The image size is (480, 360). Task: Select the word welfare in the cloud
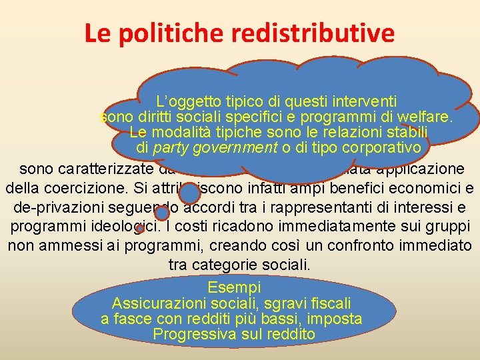click(x=426, y=118)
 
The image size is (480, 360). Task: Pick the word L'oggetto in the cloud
click(x=185, y=102)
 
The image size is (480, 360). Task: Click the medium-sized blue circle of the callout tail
click(x=162, y=213)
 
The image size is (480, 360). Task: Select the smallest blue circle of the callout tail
click(x=140, y=229)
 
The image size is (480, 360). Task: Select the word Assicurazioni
click(x=157, y=303)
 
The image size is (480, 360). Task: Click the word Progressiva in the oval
click(x=191, y=334)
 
